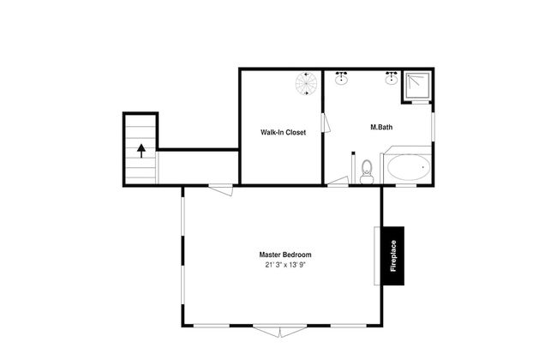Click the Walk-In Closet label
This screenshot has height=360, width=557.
pos(283,132)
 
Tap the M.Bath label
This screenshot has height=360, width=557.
pos(381,127)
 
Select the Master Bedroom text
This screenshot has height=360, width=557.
pos(285,255)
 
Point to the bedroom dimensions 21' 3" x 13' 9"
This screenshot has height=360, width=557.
pos(285,265)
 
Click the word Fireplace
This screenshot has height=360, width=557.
pos(393,256)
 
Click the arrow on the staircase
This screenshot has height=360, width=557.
pos(141,151)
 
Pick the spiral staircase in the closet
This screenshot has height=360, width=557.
pos(306,83)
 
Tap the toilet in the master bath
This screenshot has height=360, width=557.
pos(367,172)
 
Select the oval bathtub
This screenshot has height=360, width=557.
pos(409,167)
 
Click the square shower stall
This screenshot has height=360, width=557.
pos(418,86)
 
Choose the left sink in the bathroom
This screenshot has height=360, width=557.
pos(341,78)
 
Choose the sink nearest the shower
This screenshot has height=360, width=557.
pos(392,78)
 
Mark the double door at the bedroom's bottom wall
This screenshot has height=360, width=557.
pos(280,330)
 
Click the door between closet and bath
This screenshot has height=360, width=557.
pos(326,123)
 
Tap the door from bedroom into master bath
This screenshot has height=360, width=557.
pos(338,181)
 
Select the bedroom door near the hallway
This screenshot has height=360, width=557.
pos(220,189)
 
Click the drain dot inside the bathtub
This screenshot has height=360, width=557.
pos(422,167)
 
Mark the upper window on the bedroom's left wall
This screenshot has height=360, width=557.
pos(183,216)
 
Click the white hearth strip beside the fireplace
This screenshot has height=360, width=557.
pos(377,256)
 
